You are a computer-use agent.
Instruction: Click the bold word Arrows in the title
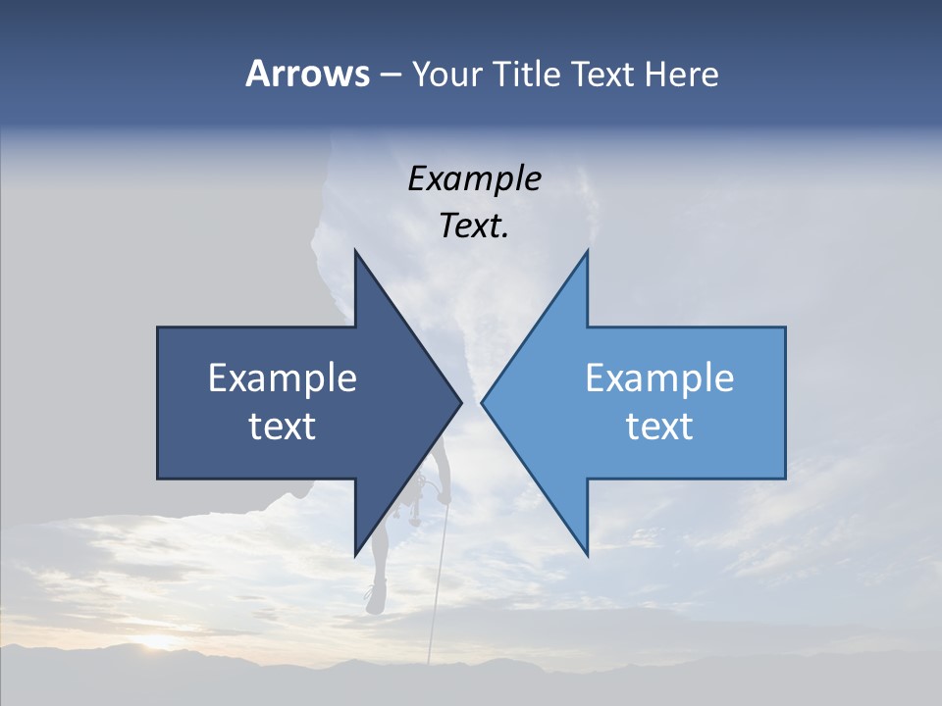coord(307,74)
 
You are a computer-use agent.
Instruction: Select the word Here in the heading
coord(681,74)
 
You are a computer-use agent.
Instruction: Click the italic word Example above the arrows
coord(474,178)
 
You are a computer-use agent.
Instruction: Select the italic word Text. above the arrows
coord(474,226)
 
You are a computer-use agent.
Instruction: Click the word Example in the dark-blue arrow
coord(283,378)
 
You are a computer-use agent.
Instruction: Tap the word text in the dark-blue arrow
coord(283,426)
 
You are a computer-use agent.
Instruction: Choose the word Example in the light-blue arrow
coord(659,378)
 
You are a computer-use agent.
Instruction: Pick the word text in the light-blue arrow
coord(659,426)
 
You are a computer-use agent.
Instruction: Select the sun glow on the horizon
coord(157,642)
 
